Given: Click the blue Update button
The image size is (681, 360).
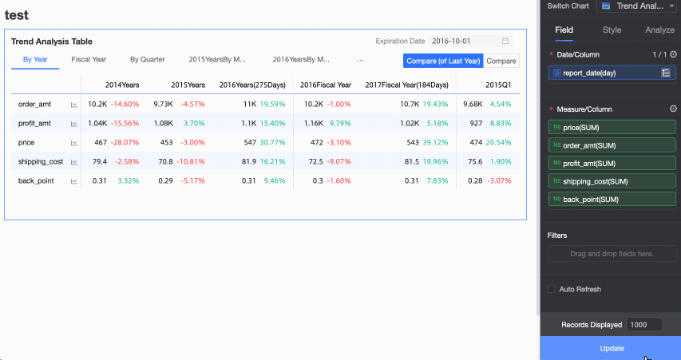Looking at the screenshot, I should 611,348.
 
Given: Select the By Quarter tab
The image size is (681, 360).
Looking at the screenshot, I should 148,60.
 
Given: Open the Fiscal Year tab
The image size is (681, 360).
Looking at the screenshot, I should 89,60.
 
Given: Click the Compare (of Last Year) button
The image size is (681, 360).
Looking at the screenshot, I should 444,61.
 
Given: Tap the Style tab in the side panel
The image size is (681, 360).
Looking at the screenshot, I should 612,30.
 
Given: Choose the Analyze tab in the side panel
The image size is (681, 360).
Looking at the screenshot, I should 659,30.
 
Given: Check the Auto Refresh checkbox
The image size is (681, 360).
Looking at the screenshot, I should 552,289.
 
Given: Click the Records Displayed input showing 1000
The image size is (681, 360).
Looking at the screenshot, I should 644,325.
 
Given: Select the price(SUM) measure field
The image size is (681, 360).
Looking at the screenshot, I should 612,127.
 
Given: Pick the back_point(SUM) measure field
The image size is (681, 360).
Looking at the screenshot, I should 612,199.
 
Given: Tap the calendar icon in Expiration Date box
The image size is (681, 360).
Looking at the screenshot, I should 505,41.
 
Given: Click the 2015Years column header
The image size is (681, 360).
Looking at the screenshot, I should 188,85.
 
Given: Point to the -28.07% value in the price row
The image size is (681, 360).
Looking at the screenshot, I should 125,142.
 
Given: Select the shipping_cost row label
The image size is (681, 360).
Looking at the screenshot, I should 41,161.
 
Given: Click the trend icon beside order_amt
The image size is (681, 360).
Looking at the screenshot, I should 74,105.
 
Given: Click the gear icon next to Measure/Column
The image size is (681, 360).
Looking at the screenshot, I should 673,109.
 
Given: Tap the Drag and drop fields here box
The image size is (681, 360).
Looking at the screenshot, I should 612,254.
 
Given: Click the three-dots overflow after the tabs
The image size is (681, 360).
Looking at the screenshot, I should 361,60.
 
